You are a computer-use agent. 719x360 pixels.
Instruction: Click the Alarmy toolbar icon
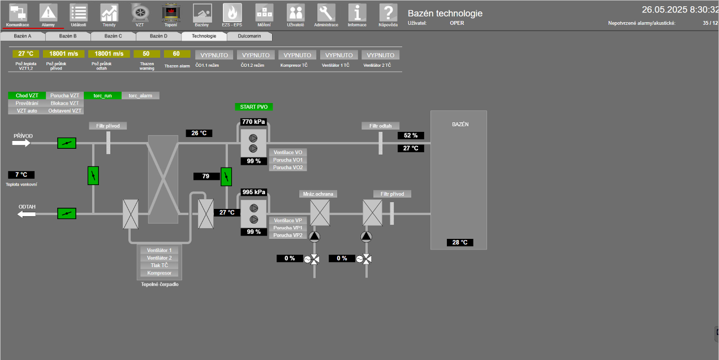(x=49, y=12)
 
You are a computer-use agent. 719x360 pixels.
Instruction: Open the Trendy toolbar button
(x=109, y=12)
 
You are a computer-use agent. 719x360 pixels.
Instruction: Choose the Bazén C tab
(x=113, y=36)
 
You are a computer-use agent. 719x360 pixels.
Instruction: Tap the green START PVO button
(x=254, y=106)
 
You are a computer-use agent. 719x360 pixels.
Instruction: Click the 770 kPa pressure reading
(x=253, y=122)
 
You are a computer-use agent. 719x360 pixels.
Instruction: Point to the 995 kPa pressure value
(x=253, y=192)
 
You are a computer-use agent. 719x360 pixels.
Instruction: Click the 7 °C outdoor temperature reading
(x=21, y=175)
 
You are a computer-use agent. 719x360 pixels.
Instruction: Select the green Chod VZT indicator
(x=27, y=96)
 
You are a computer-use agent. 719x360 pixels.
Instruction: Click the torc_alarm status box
(x=141, y=96)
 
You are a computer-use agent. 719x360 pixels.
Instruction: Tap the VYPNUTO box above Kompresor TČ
(x=298, y=55)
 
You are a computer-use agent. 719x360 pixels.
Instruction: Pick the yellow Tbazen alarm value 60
(x=176, y=54)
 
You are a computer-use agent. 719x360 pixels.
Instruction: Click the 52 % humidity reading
(x=411, y=135)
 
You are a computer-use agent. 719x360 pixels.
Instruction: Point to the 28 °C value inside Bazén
(x=459, y=242)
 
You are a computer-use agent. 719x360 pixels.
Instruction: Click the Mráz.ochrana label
(x=318, y=194)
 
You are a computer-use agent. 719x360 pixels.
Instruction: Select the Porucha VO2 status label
(x=289, y=168)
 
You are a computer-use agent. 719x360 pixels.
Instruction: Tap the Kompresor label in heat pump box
(x=159, y=273)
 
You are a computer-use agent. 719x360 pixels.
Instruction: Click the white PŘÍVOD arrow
(x=21, y=143)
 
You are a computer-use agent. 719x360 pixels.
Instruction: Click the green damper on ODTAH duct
(x=67, y=213)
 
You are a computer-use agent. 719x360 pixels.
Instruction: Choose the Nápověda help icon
(x=388, y=12)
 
